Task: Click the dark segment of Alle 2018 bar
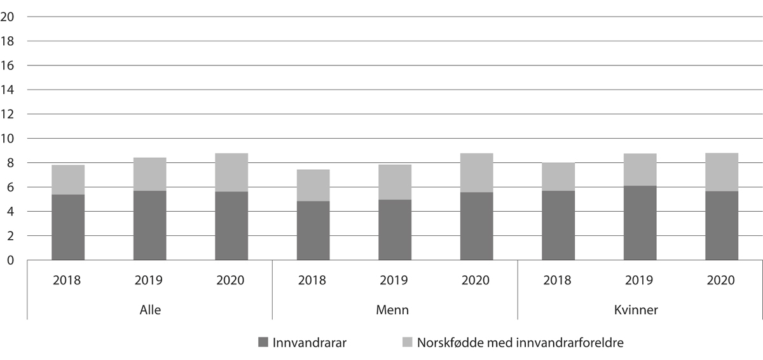(68, 227)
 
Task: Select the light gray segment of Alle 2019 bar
(149, 174)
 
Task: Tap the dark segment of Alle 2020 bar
(231, 226)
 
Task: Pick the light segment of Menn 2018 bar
(313, 185)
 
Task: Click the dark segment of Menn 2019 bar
(395, 230)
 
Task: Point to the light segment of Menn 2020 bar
(476, 172)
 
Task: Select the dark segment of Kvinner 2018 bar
(558, 225)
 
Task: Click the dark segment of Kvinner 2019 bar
(640, 223)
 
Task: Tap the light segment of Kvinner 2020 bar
(722, 172)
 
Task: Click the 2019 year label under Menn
(395, 280)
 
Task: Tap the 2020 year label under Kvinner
(722, 280)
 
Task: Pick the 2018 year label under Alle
(68, 280)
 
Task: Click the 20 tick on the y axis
(8, 17)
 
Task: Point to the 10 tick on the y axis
(8, 139)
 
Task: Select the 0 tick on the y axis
(11, 260)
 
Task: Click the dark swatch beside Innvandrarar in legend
(264, 342)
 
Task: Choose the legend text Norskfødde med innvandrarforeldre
(520, 342)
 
